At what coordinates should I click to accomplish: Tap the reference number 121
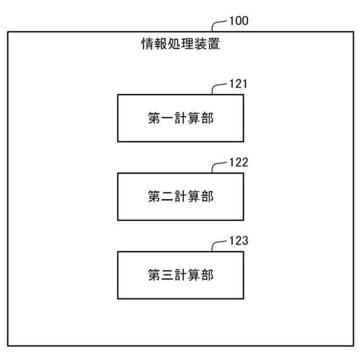238,84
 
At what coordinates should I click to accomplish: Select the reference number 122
238,163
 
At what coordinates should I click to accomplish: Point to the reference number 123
238,242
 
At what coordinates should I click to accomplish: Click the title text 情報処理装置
180,44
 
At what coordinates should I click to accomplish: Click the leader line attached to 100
218,24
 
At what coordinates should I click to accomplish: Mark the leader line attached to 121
218,87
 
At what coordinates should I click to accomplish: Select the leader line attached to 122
218,166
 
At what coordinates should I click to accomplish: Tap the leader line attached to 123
218,245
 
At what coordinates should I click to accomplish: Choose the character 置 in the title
214,44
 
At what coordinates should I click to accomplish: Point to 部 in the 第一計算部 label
208,118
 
